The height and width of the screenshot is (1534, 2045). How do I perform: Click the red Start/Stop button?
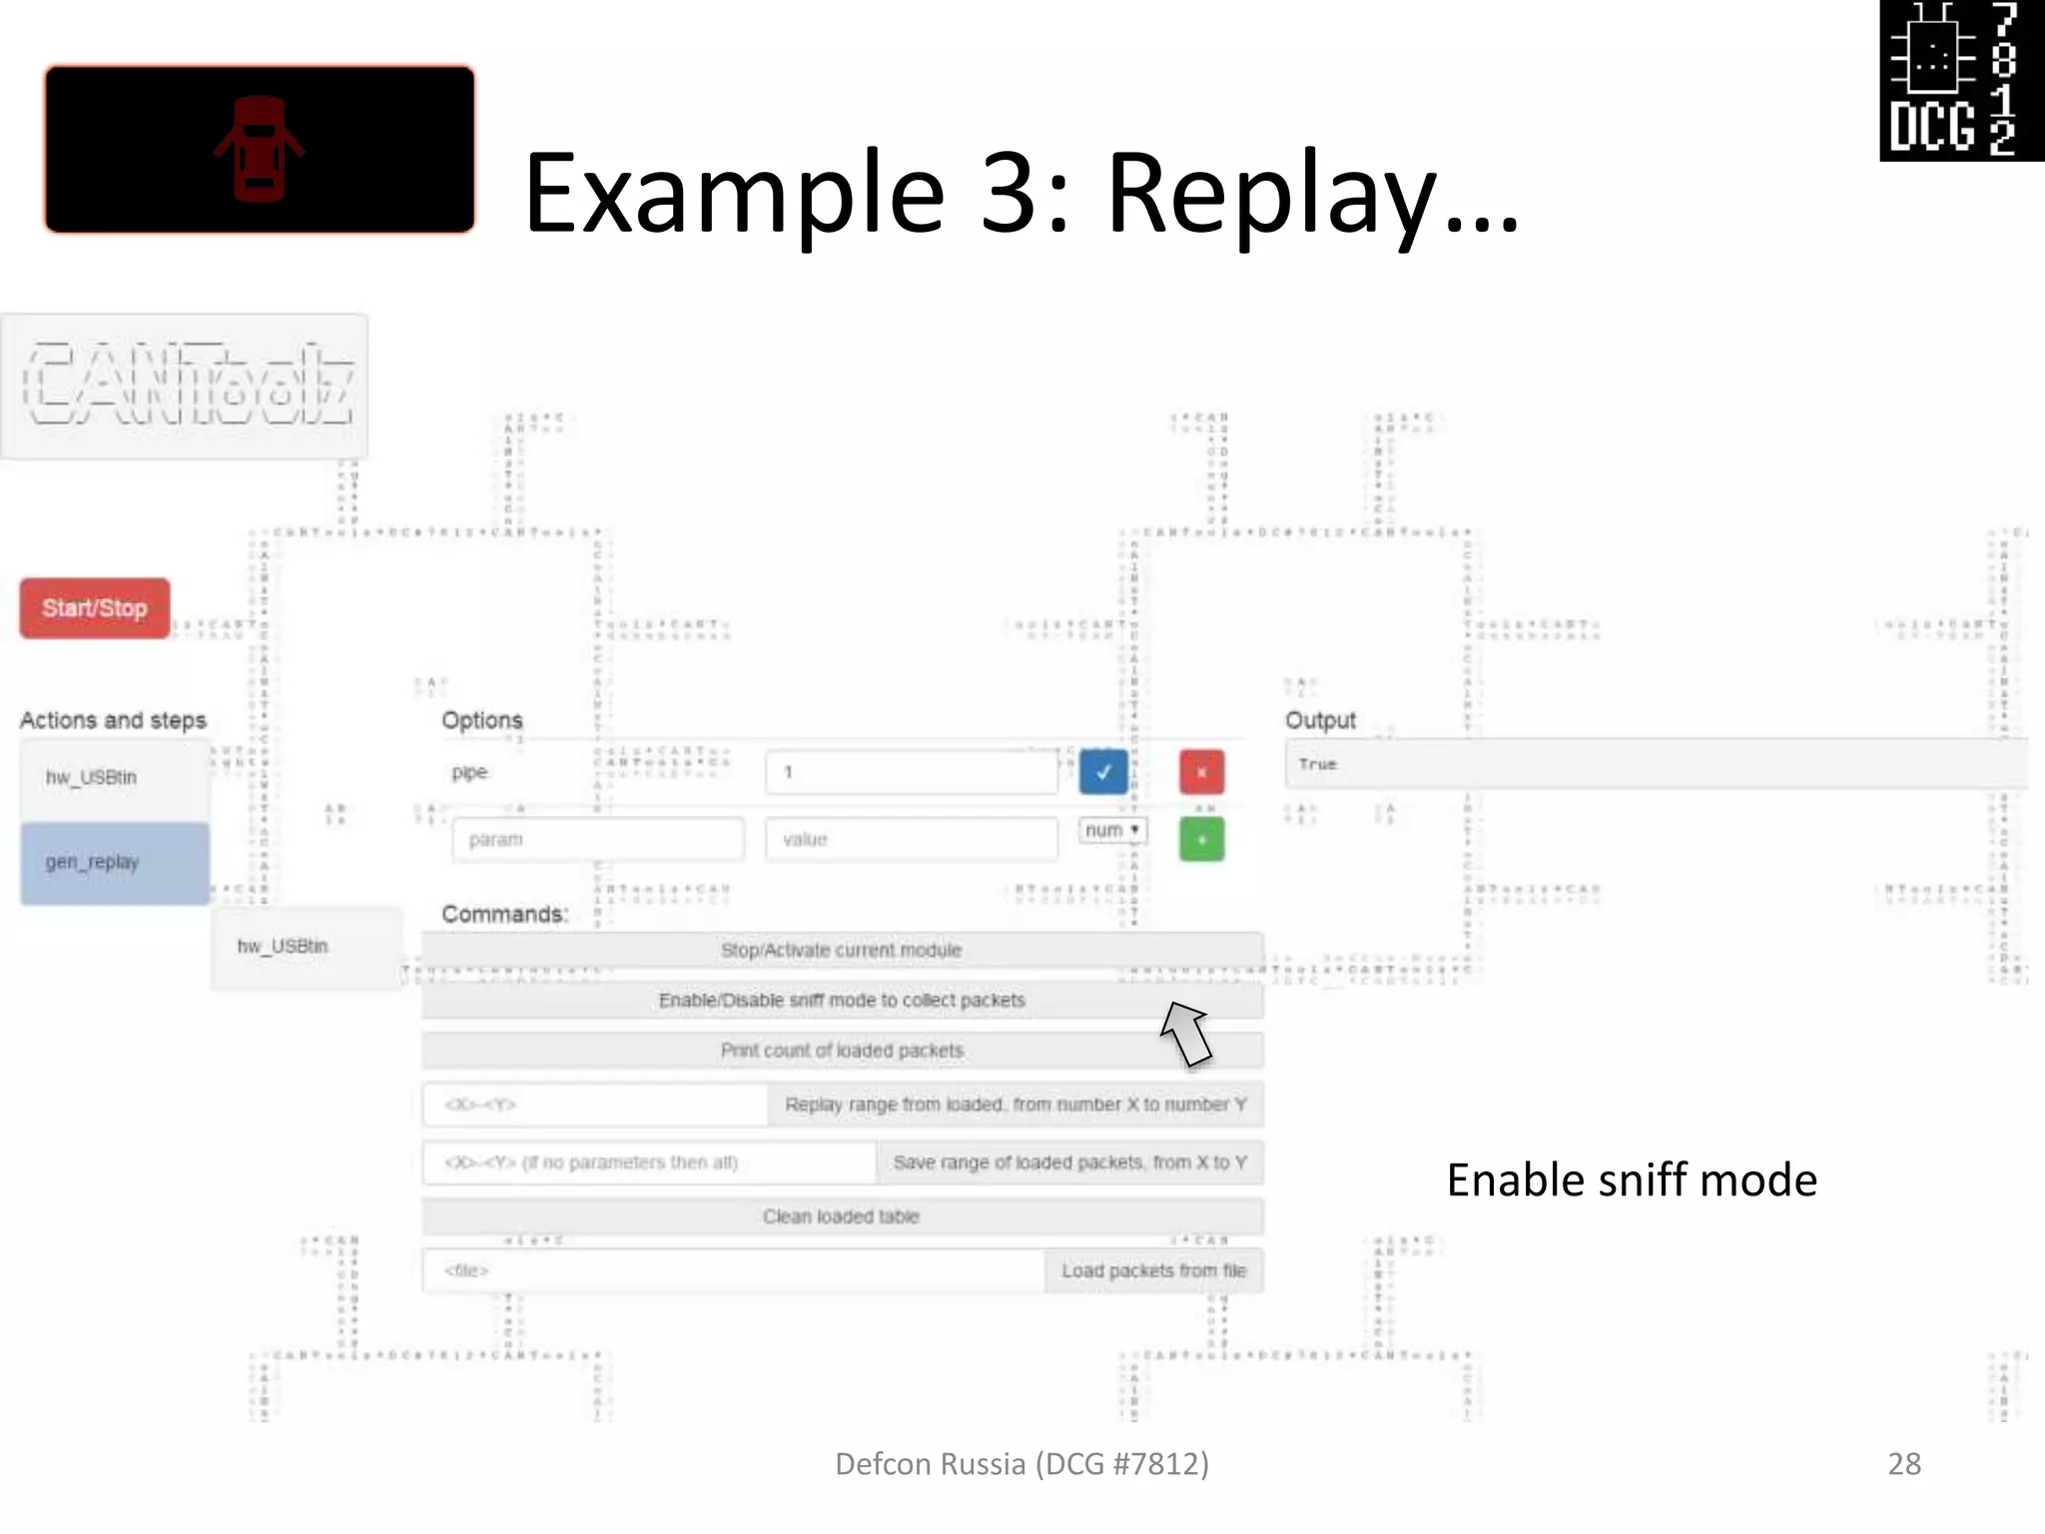pos(95,607)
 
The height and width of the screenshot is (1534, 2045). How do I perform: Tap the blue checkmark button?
pos(1103,772)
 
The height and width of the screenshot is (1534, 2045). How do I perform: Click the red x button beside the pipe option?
pos(1201,772)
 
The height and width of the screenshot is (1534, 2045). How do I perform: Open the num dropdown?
pos(1112,830)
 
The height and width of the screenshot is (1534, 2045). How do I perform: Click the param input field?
pos(597,839)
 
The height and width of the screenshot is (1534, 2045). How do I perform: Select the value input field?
pos(911,839)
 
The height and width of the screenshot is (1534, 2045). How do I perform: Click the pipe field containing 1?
pos(911,772)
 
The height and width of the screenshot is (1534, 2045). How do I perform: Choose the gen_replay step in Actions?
pos(115,863)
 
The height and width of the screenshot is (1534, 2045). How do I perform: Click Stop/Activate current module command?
pos(842,950)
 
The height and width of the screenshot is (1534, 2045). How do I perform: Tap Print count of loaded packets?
pos(842,1051)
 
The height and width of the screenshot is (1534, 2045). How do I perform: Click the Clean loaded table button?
pos(842,1216)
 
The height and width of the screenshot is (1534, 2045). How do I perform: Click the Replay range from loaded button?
pos(1016,1105)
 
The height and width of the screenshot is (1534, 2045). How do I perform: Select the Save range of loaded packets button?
pos(1069,1162)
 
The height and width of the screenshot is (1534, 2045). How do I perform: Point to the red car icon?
pos(259,149)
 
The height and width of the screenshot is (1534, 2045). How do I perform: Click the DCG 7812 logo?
pos(1961,80)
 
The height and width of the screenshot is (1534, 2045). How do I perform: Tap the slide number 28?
pos(1903,1463)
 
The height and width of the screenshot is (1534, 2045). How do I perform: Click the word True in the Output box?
pos(1317,764)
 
